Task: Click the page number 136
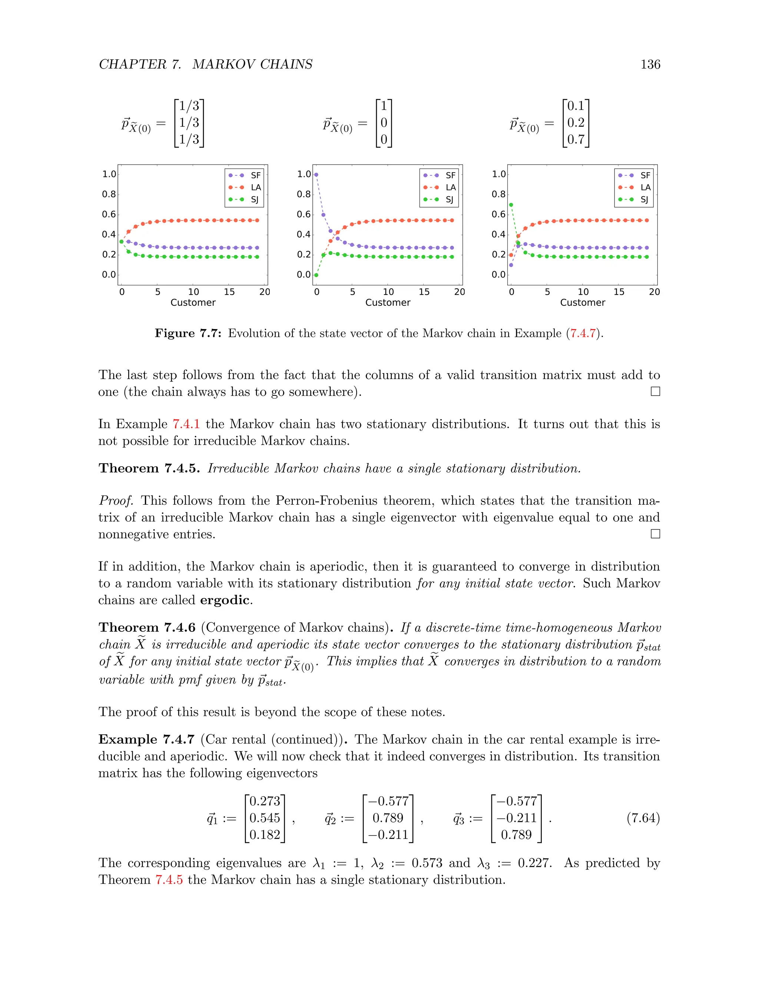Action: [650, 64]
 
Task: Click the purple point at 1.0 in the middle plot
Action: [316, 175]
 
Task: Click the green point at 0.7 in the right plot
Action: [511, 205]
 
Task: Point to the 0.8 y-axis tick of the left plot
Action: [109, 194]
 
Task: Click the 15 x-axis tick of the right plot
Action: [619, 292]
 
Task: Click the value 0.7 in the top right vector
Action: [576, 139]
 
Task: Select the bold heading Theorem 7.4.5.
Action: [149, 468]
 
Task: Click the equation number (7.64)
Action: [643, 818]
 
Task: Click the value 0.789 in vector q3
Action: [516, 835]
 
